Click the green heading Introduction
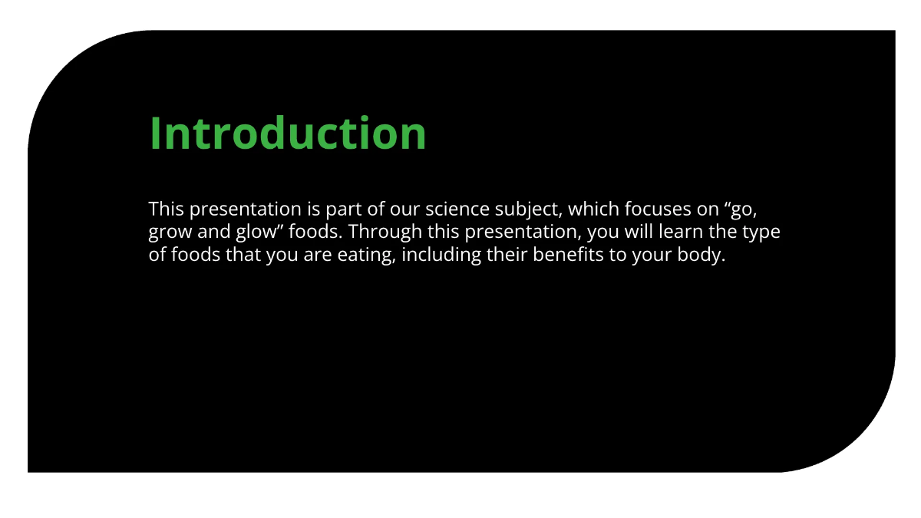click(x=288, y=133)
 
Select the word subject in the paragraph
click(x=529, y=210)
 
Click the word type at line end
click(x=761, y=233)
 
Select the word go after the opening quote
click(x=748, y=210)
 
